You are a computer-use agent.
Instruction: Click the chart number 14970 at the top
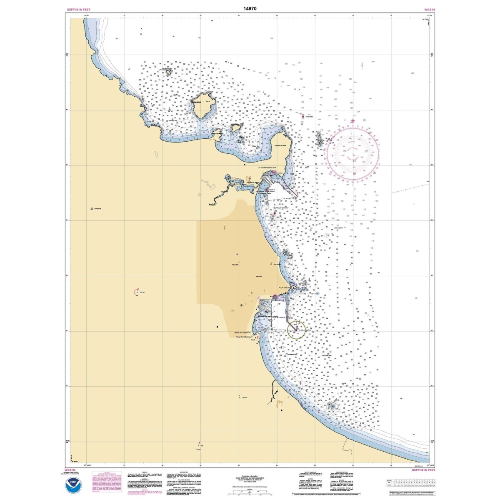[x=250, y=8]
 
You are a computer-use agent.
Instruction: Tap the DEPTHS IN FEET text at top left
[x=79, y=9]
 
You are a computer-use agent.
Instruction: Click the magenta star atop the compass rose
[x=352, y=121]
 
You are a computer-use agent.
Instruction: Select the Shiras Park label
[x=277, y=264]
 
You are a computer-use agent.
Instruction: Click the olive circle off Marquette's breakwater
[x=296, y=329]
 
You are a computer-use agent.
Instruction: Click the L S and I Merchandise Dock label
[x=267, y=167]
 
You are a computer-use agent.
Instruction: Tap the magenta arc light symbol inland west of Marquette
[x=137, y=292]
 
